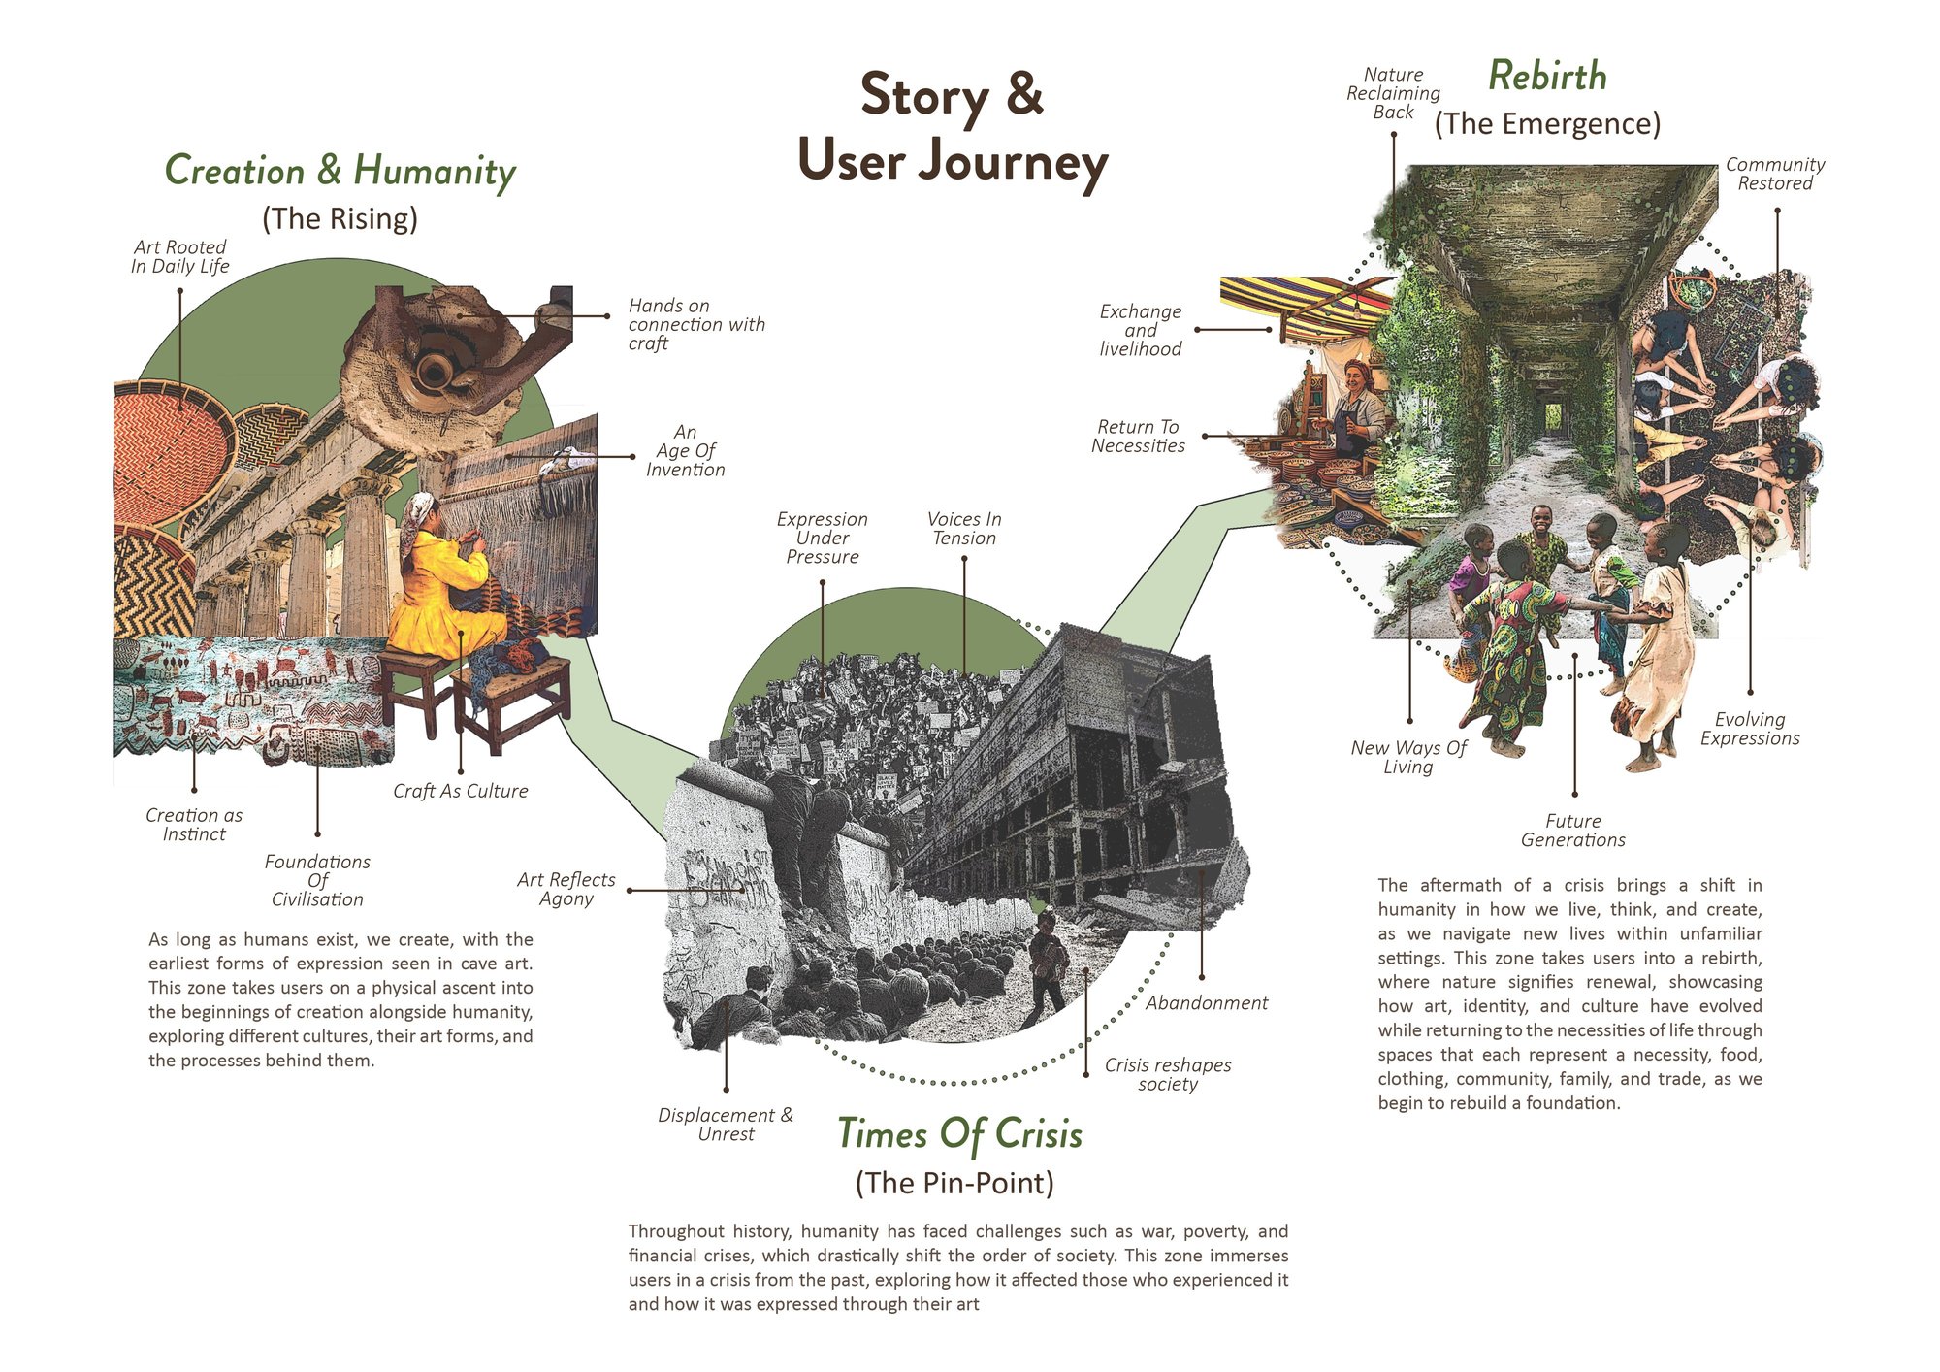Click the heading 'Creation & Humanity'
coord(340,171)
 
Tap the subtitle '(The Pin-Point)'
coord(954,1183)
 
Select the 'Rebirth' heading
coord(1547,76)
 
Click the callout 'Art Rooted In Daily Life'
coord(179,256)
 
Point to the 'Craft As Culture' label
coord(461,791)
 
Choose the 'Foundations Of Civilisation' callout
coord(317,880)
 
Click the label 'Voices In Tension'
coord(964,529)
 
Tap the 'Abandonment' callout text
coord(1207,1002)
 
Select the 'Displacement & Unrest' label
coord(726,1124)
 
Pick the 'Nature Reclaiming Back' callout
coord(1393,93)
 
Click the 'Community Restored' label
coord(1775,174)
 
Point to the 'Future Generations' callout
coord(1573,831)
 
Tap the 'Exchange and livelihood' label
coord(1141,330)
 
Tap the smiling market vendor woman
coord(1358,408)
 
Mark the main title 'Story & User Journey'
coord(953,127)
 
